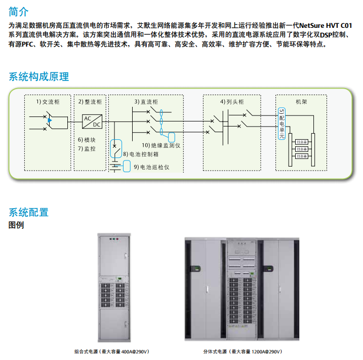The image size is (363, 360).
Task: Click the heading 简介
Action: click(19, 11)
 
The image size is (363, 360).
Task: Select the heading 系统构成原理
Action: click(38, 77)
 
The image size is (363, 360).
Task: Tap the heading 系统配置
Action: click(29, 212)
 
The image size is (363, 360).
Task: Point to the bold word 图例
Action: click(16, 225)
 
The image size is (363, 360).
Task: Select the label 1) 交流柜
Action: click(48, 102)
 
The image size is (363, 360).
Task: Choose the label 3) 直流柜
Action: click(146, 102)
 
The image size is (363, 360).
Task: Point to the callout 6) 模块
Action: click(87, 140)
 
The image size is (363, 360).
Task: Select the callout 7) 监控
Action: click(87, 149)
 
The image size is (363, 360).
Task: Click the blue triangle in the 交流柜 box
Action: click(50, 120)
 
